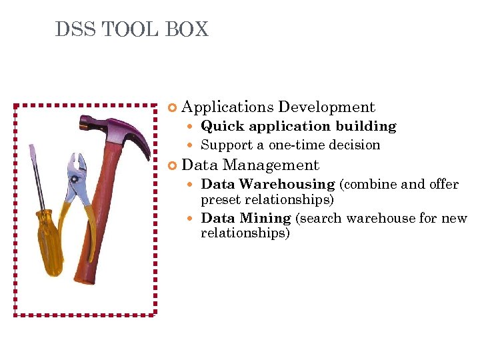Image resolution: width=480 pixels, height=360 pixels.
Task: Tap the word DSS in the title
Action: [73, 30]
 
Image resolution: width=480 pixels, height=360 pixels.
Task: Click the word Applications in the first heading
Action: [227, 107]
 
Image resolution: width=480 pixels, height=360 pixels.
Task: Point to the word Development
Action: [327, 107]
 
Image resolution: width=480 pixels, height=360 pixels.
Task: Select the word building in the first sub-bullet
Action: [366, 127]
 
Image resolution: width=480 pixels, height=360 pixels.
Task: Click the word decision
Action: [356, 145]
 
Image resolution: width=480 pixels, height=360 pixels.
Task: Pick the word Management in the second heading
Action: [271, 165]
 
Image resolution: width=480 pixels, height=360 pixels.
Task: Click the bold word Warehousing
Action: [287, 184]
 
